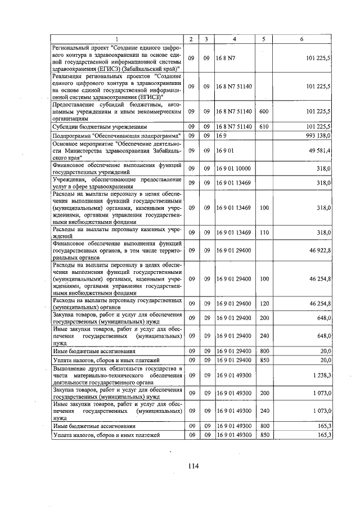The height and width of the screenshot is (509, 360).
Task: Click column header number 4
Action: click(233, 39)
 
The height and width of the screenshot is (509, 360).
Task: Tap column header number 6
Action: click(302, 39)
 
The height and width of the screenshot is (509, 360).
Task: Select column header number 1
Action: click(117, 39)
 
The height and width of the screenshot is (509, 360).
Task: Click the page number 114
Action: click(194, 465)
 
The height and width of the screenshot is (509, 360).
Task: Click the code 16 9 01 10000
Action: click(233, 168)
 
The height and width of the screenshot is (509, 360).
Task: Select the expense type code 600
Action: click(263, 112)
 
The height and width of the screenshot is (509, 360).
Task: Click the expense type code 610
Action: click(263, 127)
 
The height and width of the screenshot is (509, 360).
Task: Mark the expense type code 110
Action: click(263, 232)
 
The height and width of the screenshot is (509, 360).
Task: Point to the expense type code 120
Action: click(263, 303)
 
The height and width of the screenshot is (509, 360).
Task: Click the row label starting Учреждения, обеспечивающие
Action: click(116, 183)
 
